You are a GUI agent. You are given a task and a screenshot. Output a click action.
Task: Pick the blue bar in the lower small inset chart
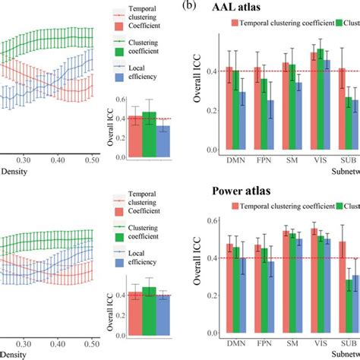tap(163, 314)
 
